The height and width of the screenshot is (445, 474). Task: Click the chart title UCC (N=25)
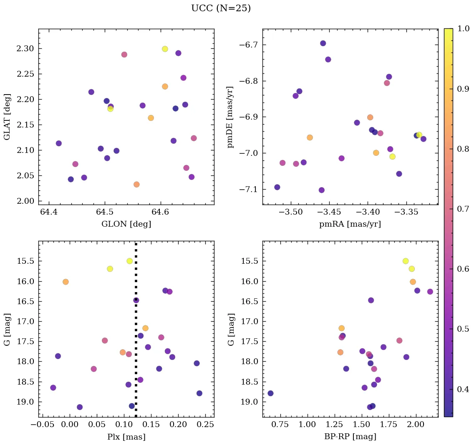[x=221, y=8]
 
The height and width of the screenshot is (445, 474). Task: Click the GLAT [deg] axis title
[x=7, y=117]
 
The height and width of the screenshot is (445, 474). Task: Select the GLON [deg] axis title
[x=126, y=224]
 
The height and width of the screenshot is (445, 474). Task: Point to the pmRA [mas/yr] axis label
[x=350, y=224]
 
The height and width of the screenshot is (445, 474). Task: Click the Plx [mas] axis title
[x=126, y=437]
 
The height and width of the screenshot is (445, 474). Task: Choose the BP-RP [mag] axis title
[x=350, y=437]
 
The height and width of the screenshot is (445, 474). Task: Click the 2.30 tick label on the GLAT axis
[x=25, y=49]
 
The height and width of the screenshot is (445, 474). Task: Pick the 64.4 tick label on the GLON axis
[x=48, y=212]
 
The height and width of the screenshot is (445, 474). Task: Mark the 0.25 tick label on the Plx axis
[x=206, y=425]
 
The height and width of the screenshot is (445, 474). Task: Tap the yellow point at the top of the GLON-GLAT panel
[x=165, y=49]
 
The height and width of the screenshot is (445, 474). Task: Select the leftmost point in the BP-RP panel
[x=270, y=393]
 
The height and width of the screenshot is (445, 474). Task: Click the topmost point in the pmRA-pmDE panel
[x=323, y=43]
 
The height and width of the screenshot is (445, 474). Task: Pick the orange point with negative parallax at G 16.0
[x=66, y=282]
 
